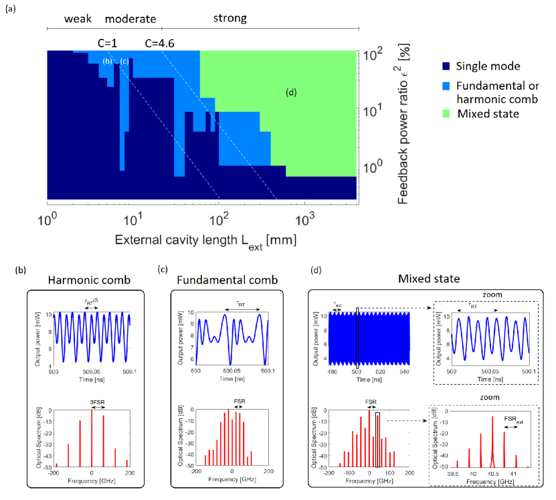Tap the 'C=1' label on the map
click(108, 43)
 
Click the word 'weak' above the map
click(78, 19)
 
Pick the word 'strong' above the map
click(229, 19)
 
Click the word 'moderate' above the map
click(130, 19)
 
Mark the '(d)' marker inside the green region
click(291, 92)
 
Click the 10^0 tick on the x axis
click(48, 219)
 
